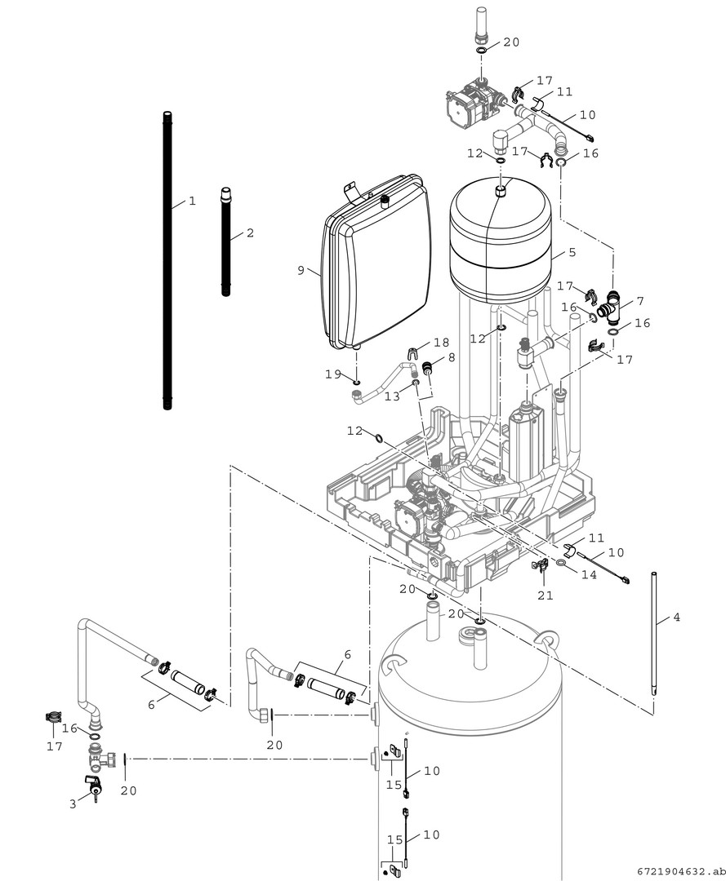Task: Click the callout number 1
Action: tap(193, 201)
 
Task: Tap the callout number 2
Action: tap(250, 232)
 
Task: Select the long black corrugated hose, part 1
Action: tap(167, 261)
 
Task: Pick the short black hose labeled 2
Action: tap(225, 241)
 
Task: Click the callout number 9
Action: tap(301, 270)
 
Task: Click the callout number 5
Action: tap(572, 252)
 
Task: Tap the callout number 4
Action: tap(676, 617)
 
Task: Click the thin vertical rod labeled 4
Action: tap(654, 633)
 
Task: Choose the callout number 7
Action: tap(640, 302)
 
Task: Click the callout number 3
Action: tap(73, 804)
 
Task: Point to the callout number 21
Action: tap(546, 595)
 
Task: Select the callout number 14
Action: tap(589, 574)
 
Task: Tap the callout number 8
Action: tap(452, 356)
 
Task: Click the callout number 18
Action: tap(442, 343)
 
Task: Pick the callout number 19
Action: tap(333, 374)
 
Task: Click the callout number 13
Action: tap(392, 396)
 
